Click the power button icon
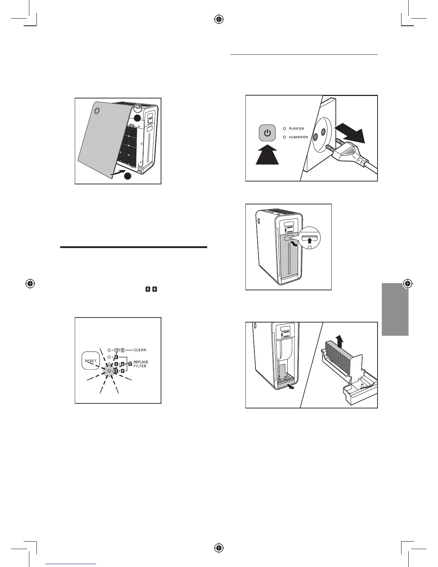tap(267, 133)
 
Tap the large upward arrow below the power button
tap(267, 155)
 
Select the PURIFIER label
tap(296, 129)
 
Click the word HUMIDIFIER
tap(298, 137)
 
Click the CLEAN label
tap(140, 350)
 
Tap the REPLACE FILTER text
tap(141, 364)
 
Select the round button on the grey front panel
tap(96, 111)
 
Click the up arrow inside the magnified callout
tap(310, 241)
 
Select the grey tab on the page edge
tap(395, 309)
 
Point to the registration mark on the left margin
tap(31, 284)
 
